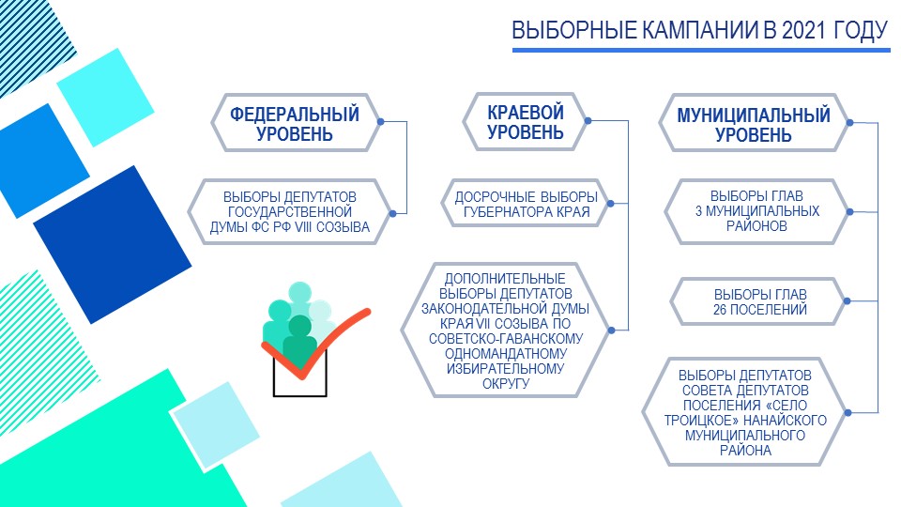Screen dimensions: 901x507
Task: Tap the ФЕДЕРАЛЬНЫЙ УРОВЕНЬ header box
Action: (295, 123)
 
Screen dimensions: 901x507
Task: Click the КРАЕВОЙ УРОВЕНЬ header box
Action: (526, 122)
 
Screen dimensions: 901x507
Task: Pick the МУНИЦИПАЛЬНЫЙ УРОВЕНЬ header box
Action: (754, 124)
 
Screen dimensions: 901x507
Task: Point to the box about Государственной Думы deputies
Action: (290, 212)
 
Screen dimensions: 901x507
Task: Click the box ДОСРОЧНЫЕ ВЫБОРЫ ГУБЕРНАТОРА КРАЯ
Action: (527, 204)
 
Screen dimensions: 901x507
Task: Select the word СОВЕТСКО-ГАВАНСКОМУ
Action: (506, 339)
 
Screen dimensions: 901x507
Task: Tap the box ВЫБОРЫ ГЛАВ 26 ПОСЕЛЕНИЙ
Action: (759, 301)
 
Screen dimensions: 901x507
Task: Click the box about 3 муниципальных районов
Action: (756, 211)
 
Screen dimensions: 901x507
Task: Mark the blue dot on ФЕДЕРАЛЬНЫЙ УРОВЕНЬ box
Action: (380, 122)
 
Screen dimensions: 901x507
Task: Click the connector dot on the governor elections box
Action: (610, 204)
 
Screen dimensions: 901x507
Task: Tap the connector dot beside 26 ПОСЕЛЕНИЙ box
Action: (847, 300)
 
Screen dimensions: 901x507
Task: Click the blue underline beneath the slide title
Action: (701, 51)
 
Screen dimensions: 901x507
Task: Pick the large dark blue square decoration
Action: (112, 244)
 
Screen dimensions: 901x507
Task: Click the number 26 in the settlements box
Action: (721, 310)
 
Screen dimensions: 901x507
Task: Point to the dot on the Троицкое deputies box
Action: (848, 412)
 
